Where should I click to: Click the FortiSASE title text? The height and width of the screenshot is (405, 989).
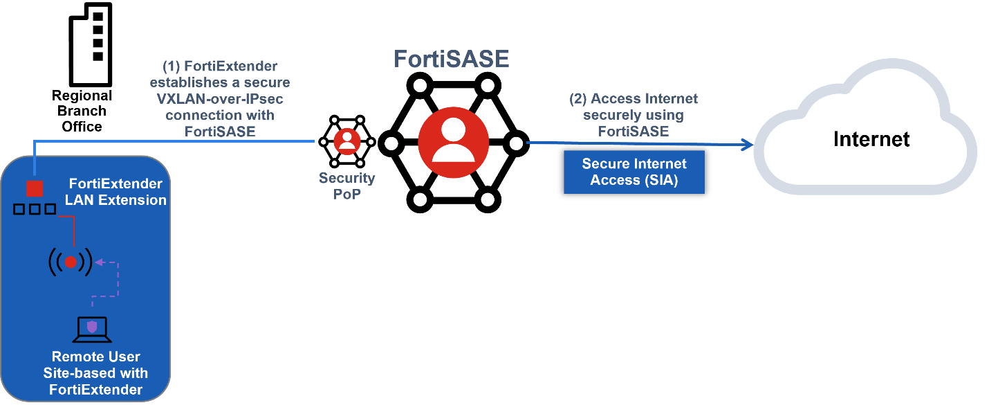(451, 59)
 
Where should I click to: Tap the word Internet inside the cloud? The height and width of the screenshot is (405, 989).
(871, 139)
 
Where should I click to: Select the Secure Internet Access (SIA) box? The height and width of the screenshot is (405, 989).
(634, 172)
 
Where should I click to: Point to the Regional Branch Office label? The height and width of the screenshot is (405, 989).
(82, 111)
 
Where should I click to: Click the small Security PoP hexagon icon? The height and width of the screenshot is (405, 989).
(346, 141)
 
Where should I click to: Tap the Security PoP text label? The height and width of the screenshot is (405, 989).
(346, 185)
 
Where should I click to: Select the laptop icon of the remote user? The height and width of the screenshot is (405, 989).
(92, 330)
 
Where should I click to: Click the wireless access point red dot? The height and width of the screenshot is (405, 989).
(70, 262)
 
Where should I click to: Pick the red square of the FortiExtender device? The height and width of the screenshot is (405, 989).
(34, 188)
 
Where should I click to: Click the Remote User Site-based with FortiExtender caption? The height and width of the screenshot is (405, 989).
(96, 373)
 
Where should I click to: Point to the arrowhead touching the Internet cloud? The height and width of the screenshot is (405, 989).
(746, 145)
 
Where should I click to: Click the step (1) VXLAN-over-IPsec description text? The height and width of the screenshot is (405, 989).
(219, 98)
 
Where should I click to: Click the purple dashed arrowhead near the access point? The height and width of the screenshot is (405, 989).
(99, 262)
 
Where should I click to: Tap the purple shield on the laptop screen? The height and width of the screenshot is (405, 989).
(92, 327)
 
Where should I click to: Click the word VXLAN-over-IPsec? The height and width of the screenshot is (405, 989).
(220, 99)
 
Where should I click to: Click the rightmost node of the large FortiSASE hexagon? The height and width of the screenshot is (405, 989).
(516, 144)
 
